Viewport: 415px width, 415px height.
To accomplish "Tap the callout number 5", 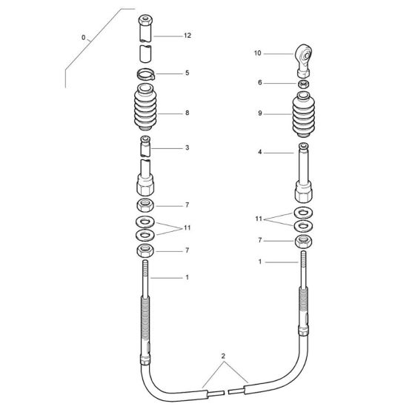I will [187, 73].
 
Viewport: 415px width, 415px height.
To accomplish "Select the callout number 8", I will [187, 113].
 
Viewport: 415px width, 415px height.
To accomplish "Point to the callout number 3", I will [187, 148].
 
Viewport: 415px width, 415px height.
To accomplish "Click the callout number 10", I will [258, 53].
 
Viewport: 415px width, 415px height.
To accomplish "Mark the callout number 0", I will [84, 37].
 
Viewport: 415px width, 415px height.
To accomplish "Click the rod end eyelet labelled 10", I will [303, 58].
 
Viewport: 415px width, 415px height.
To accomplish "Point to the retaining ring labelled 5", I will [146, 73].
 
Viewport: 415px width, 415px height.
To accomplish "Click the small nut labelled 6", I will [303, 85].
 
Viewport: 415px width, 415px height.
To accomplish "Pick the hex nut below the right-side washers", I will [302, 242].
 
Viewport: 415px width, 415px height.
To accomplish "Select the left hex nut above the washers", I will [145, 205].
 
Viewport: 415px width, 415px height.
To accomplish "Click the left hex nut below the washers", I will [145, 250].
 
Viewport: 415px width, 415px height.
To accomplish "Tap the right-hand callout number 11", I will [258, 219].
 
